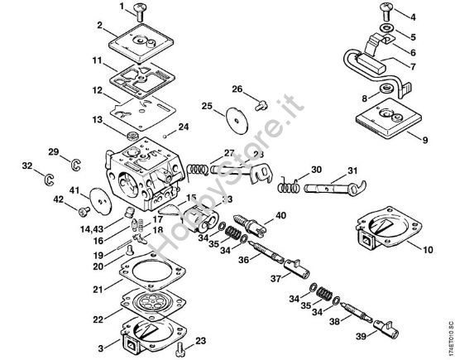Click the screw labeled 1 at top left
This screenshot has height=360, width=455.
click(137, 12)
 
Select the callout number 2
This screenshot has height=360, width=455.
click(98, 26)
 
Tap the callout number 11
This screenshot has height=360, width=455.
click(97, 61)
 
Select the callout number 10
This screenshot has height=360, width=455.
click(429, 248)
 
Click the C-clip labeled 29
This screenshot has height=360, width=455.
click(74, 162)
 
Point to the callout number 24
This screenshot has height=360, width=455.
click(184, 127)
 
